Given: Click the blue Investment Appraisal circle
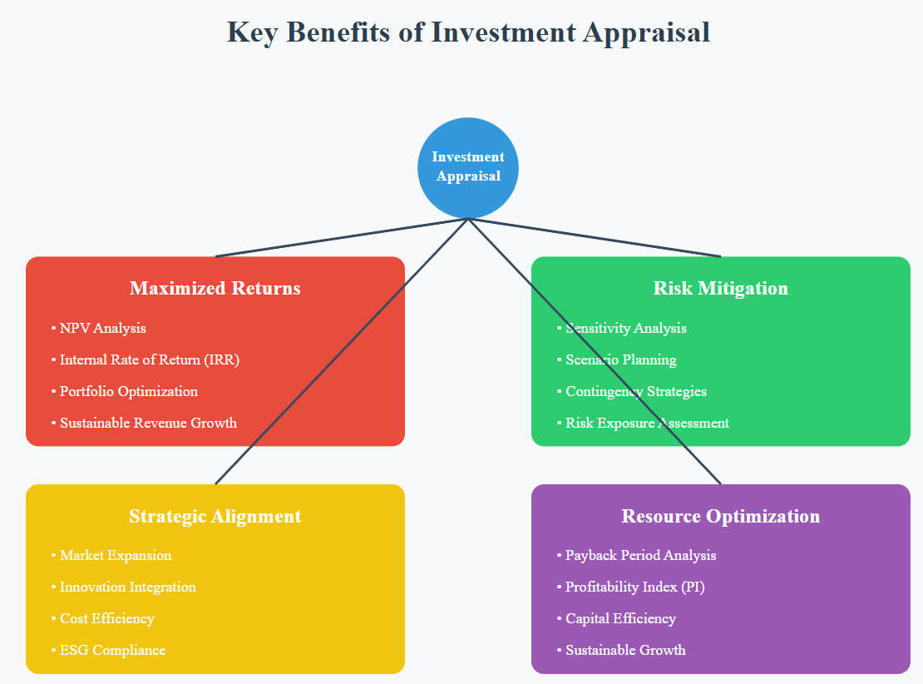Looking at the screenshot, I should [468, 167].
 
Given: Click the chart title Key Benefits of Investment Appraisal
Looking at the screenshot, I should [468, 32].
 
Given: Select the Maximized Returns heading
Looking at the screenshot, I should [215, 289].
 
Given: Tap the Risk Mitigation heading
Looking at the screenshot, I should [720, 289].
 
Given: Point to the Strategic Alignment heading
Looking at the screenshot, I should [215, 516].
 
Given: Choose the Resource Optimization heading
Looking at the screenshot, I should [720, 516].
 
